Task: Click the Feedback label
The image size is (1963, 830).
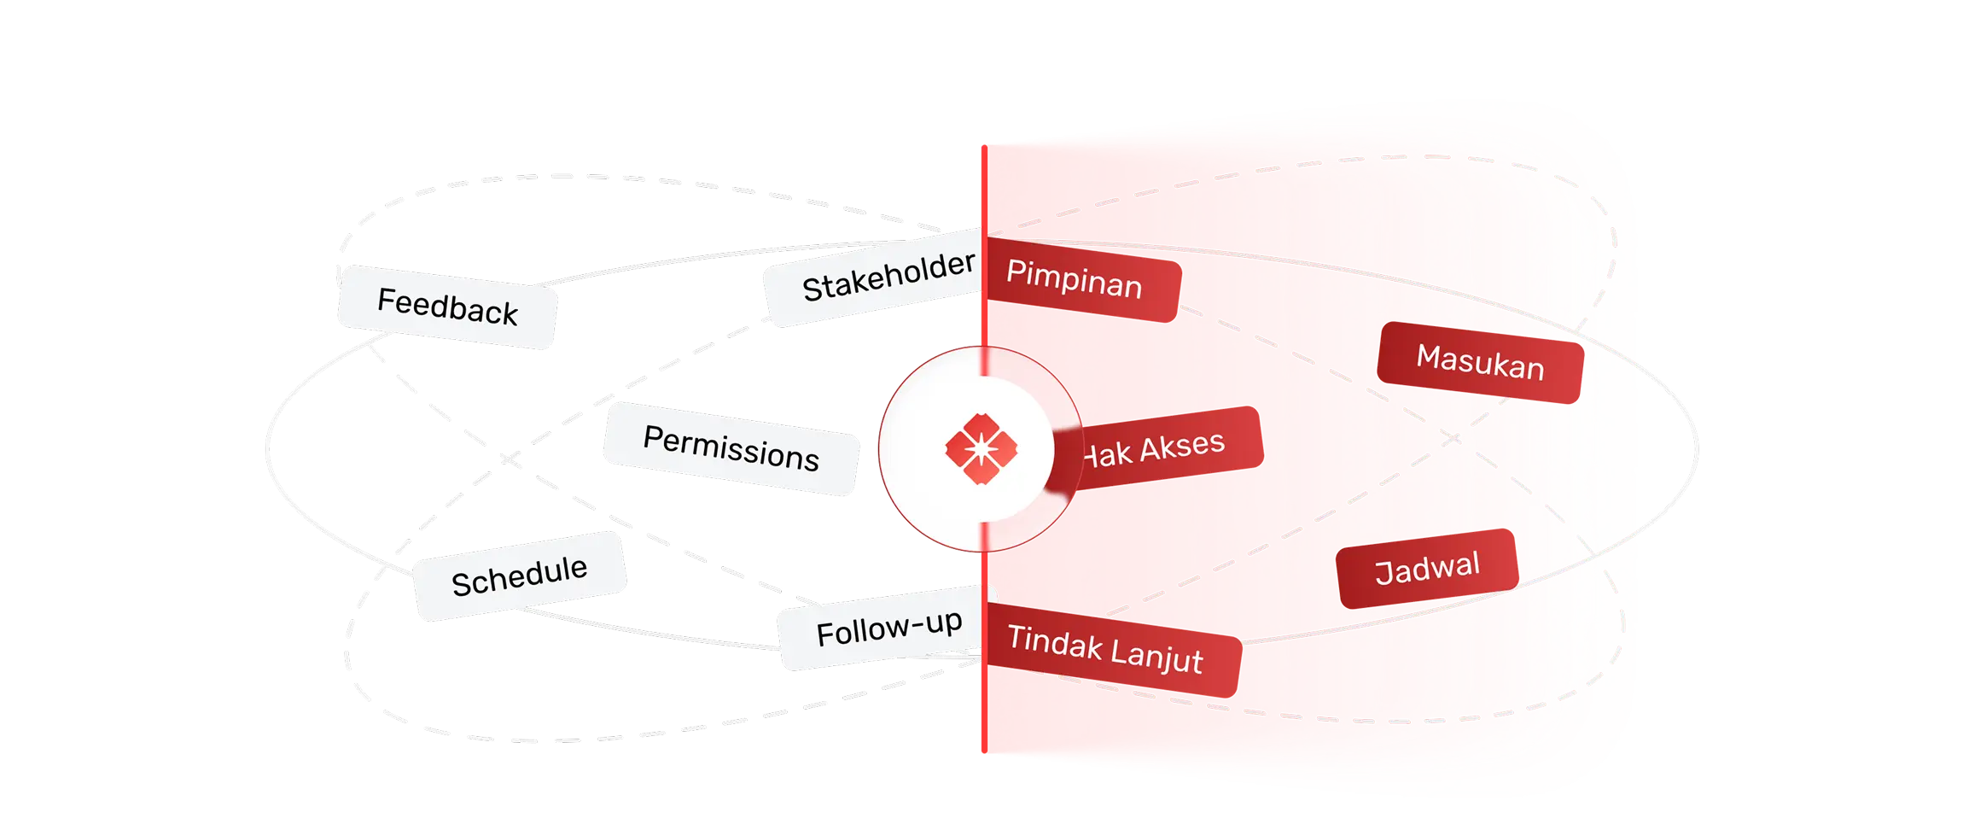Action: [447, 307]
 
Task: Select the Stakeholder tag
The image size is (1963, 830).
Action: [888, 277]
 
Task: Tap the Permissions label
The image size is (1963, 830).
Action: [731, 448]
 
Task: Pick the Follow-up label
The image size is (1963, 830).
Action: [888, 628]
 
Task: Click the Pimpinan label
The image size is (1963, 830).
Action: [1074, 279]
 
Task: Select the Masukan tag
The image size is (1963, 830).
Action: [1480, 362]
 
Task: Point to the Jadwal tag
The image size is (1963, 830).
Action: [1427, 568]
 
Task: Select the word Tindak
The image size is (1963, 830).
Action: [1055, 642]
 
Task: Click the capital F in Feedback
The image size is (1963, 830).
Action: [385, 299]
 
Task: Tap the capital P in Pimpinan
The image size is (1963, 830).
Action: [1016, 272]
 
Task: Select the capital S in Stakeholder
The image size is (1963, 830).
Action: [813, 290]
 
